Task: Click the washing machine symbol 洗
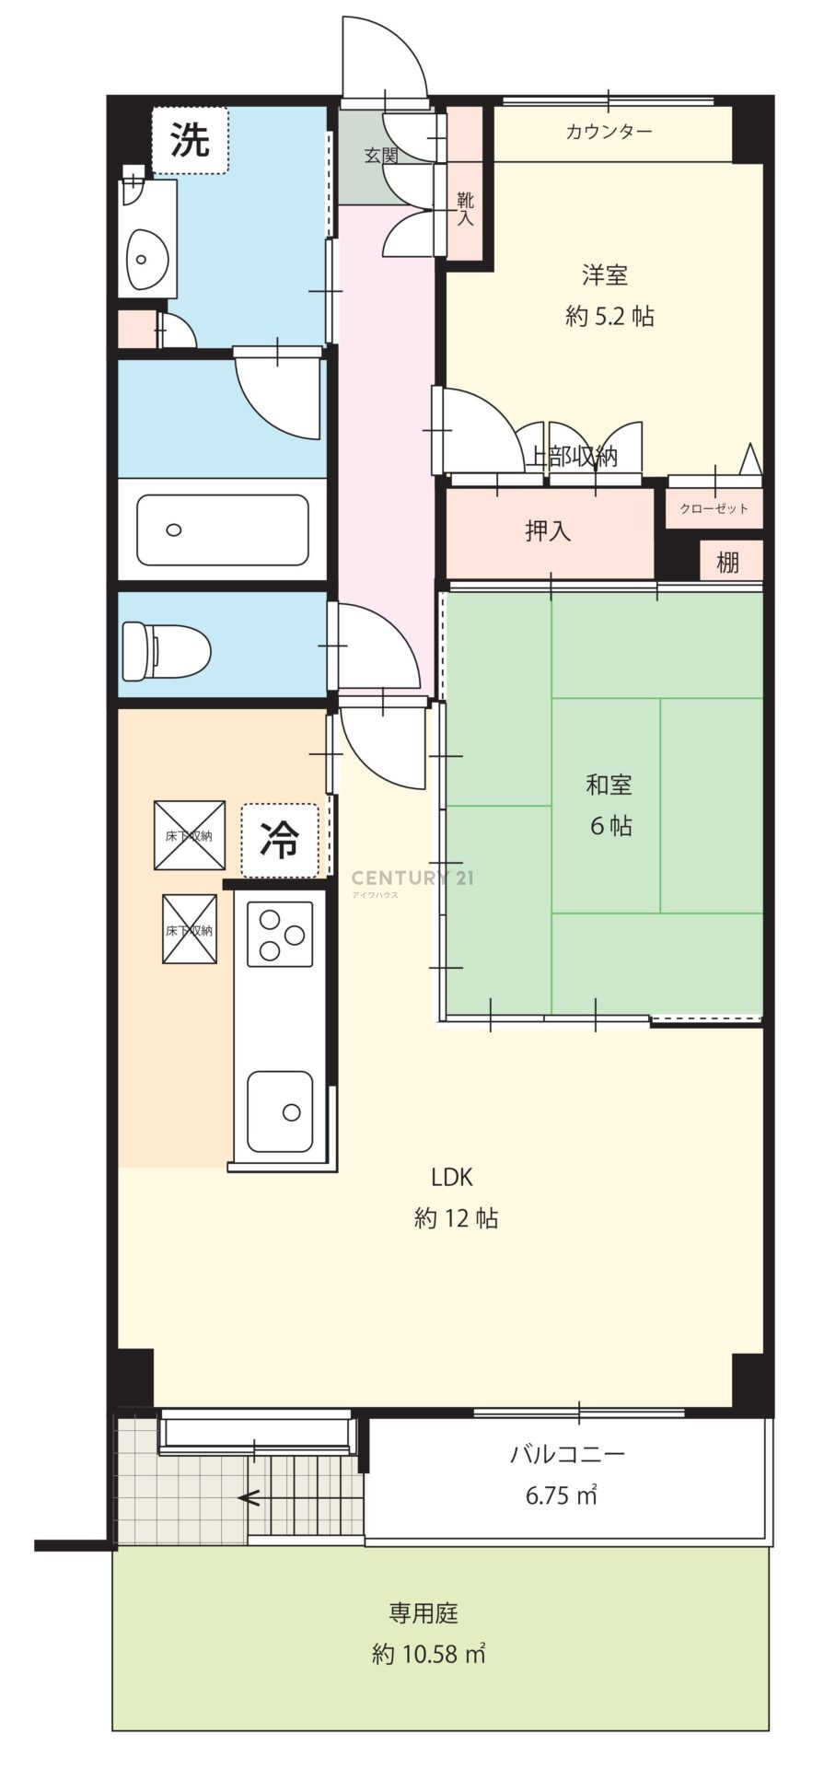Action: coord(189,140)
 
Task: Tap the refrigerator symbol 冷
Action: coord(280,840)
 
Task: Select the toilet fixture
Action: coord(166,651)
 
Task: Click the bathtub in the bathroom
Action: coord(223,530)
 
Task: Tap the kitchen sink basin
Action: coord(280,1111)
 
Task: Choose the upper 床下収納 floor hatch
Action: coord(190,835)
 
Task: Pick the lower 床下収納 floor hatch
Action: coord(190,929)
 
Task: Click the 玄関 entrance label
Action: coord(381,156)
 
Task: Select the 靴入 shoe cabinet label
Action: coord(465,208)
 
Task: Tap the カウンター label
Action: coord(609,132)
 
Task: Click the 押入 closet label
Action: coord(548,531)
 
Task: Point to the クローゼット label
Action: coord(714,508)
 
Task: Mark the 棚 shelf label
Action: coord(727,562)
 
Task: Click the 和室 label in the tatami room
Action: coord(609,785)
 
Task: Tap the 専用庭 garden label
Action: coord(424,1613)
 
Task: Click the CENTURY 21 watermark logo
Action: coord(413,878)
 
